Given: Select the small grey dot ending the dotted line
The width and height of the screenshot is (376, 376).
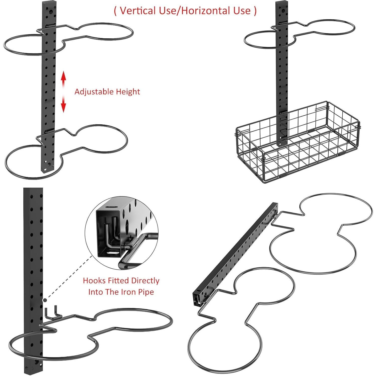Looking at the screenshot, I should tap(45, 300).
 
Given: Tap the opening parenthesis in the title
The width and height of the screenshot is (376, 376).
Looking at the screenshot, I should tap(115, 11).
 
